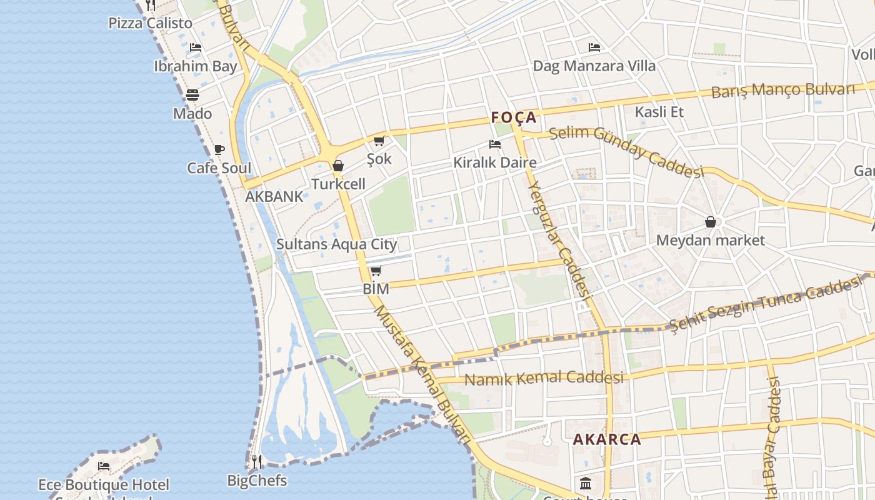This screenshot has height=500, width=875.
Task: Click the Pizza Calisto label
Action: click(150, 24)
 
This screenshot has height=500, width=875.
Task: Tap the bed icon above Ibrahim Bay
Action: click(196, 47)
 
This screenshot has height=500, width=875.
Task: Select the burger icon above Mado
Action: click(192, 95)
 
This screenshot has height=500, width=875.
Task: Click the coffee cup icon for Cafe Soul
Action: click(219, 149)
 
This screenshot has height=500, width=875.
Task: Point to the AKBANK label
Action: click(274, 196)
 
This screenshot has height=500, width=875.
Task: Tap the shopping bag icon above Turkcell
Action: click(338, 166)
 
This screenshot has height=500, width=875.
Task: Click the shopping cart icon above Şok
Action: click(379, 141)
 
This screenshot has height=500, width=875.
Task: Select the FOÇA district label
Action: click(514, 117)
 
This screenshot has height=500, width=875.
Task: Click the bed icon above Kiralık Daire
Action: click(495, 144)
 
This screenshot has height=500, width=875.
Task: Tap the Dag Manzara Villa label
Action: click(594, 66)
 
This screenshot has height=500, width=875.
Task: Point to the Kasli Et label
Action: click(659, 112)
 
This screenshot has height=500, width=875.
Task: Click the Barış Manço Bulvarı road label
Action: click(782, 90)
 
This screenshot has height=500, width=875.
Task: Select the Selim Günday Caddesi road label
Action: click(626, 151)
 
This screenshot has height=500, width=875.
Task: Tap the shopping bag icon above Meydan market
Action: click(711, 222)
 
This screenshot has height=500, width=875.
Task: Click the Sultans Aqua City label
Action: click(336, 244)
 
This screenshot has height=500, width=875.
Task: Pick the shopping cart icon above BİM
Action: click(376, 271)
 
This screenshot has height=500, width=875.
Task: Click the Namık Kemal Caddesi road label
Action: click(544, 378)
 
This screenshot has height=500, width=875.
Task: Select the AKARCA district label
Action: click(607, 439)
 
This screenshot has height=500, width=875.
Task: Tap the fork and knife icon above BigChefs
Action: click(257, 462)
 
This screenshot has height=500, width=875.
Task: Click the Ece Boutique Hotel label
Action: click(104, 484)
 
